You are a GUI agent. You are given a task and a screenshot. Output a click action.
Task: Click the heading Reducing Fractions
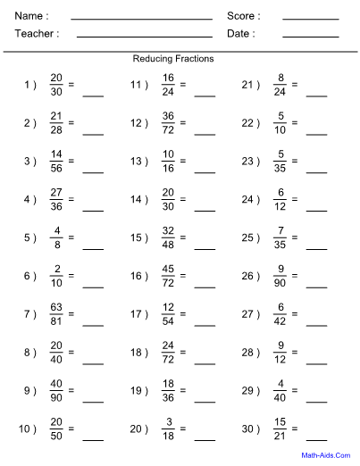pyautogui.click(x=173, y=58)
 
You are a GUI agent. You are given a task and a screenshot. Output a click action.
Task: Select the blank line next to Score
pyautogui.click(x=310, y=18)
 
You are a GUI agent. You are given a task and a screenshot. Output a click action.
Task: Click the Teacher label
pyautogui.click(x=37, y=34)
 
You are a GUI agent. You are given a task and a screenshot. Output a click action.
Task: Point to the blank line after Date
pyautogui.click(x=310, y=36)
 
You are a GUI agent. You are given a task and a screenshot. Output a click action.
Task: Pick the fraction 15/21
pyautogui.click(x=279, y=429)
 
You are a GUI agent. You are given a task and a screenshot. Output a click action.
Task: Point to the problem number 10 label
pyautogui.click(x=27, y=429)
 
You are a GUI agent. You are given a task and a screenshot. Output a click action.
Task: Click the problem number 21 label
pyautogui.click(x=250, y=85)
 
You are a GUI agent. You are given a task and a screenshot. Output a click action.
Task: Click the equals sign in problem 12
pyautogui.click(x=182, y=123)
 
